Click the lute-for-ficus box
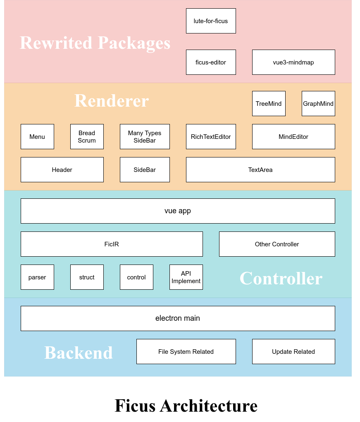coord(211,21)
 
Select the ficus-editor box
coord(211,62)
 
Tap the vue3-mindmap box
coord(293,62)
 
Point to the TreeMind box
coord(269,103)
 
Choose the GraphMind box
coord(318,103)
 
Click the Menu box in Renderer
coord(37,136)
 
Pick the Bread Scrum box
coord(87,136)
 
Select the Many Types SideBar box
coord(145,136)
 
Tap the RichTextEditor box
coord(211,136)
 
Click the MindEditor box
coord(293,136)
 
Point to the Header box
coord(62,169)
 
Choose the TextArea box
coord(260,169)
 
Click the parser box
coord(37,277)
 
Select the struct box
coord(87,277)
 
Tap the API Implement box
coord(186,277)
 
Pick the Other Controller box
coord(277,244)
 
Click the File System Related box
coord(186,351)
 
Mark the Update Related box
coord(293,351)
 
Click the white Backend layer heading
coord(79,353)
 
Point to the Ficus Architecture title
coord(186,405)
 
